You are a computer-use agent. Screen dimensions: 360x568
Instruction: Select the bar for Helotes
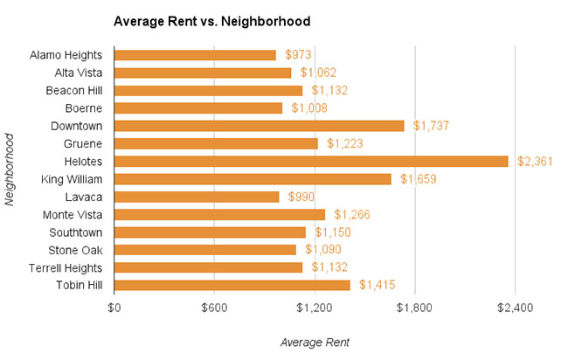click(310, 161)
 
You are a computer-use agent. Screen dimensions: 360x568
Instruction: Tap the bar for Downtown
click(259, 126)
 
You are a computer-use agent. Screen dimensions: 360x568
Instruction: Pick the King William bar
click(252, 179)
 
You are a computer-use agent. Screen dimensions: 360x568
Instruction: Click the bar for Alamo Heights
click(195, 55)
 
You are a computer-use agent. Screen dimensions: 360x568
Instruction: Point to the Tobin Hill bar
click(232, 285)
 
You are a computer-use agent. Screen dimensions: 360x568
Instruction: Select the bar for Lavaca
click(196, 197)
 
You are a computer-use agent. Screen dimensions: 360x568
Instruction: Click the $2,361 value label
click(531, 162)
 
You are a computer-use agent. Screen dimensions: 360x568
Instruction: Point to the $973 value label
click(299, 55)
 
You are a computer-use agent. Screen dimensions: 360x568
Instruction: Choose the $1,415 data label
click(377, 285)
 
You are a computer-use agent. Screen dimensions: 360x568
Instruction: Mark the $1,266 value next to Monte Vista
click(351, 214)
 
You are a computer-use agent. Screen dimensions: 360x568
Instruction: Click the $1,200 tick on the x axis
click(315, 308)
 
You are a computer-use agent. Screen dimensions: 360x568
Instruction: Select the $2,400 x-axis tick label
click(515, 308)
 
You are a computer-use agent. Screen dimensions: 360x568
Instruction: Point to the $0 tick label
click(114, 308)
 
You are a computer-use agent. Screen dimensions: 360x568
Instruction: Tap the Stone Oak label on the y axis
click(79, 250)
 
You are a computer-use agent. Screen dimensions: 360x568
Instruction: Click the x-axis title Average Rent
click(315, 343)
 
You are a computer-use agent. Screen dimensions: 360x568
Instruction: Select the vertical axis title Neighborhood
click(10, 170)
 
